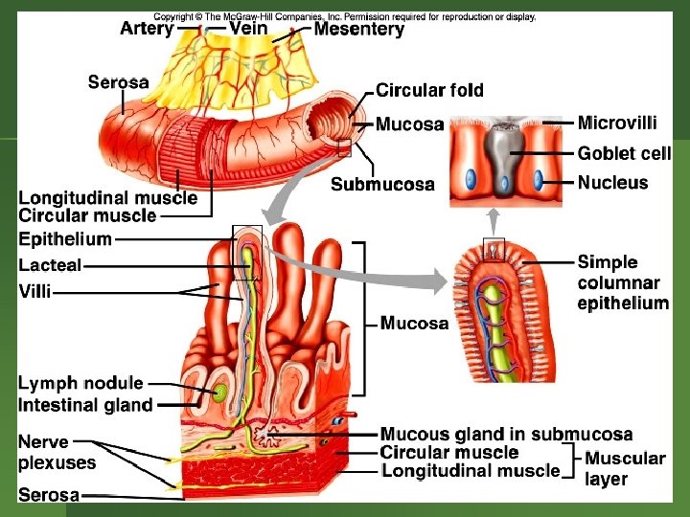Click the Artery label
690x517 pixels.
[147, 29]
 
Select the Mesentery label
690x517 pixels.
[359, 30]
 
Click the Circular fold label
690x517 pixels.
[429, 90]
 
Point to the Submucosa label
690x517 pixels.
[382, 184]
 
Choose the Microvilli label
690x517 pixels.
[617, 123]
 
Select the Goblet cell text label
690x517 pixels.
[624, 153]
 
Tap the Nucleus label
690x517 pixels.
[612, 182]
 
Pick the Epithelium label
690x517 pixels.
[65, 238]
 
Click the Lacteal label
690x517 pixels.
[50, 265]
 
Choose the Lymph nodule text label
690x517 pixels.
[80, 383]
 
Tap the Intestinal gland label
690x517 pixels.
[85, 405]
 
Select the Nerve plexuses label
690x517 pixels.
[57, 452]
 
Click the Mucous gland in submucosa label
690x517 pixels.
[506, 435]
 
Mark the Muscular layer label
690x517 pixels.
[625, 468]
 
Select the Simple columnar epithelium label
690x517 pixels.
[623, 282]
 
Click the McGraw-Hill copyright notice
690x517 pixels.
[345, 16]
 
